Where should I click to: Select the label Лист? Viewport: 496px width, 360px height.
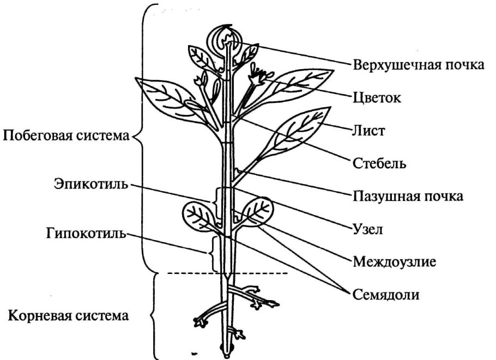coord(370,130)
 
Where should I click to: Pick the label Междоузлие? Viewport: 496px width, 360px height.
coord(395,261)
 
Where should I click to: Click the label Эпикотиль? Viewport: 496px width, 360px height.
coord(90,184)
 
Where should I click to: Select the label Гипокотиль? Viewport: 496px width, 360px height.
coord(86,234)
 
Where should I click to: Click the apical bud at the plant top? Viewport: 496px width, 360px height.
coord(227,39)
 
